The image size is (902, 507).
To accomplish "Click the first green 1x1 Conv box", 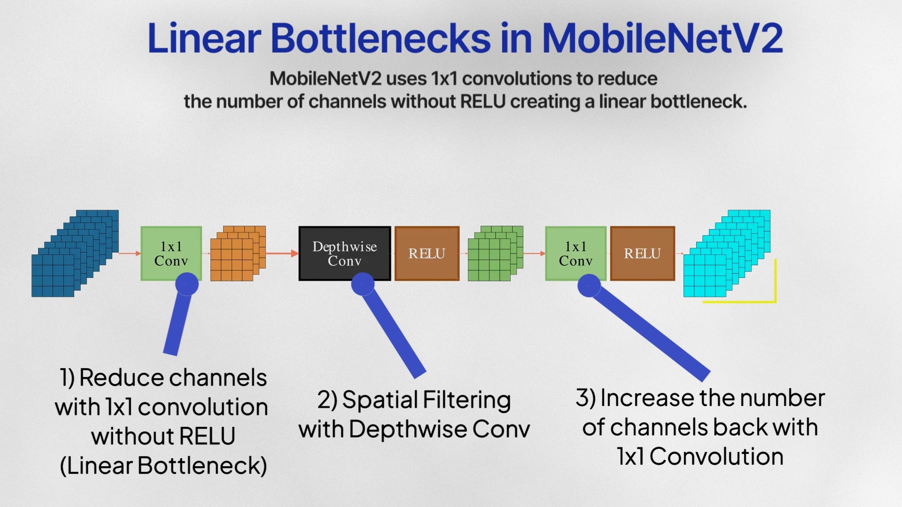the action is click(x=171, y=253).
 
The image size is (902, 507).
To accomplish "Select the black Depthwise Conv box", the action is click(x=345, y=253).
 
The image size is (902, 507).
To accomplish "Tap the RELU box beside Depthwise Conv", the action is click(x=427, y=253).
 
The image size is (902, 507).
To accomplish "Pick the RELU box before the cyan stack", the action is click(x=643, y=253).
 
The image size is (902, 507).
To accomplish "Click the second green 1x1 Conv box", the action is click(x=575, y=253).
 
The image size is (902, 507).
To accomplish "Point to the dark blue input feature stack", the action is click(x=75, y=253).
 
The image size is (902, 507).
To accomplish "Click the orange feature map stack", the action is click(x=238, y=253).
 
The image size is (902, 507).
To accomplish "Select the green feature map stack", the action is click(x=496, y=253).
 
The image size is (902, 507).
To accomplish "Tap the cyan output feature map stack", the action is click(x=727, y=253).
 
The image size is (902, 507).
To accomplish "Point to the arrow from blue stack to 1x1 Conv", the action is click(x=130, y=253).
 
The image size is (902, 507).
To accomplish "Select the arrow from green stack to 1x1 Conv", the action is click(x=534, y=253).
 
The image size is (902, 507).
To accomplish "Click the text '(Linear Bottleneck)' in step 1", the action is click(x=163, y=466).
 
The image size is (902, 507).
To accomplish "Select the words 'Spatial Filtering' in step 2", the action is click(x=427, y=400).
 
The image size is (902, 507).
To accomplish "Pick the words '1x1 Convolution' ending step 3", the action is click(x=700, y=456).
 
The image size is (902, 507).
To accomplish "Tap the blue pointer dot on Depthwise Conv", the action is click(x=363, y=284).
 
